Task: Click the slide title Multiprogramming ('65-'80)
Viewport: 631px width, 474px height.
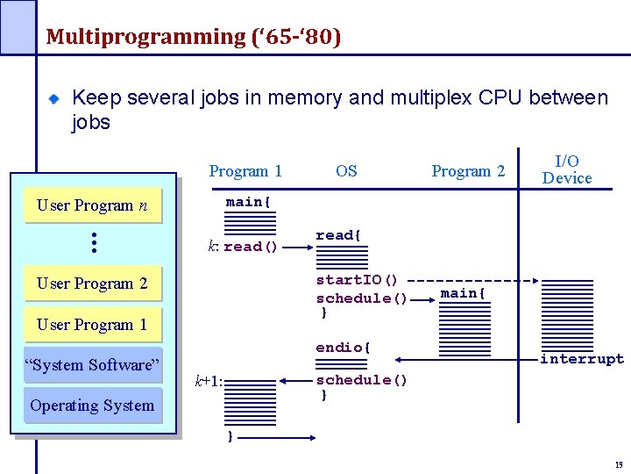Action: tap(193, 37)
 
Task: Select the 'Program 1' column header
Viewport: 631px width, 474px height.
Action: tap(245, 171)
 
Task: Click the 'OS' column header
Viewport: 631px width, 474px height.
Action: tap(346, 171)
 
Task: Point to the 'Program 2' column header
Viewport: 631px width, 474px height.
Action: tap(468, 171)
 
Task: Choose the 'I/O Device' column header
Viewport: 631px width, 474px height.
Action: tap(567, 169)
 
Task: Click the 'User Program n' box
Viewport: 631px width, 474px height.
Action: tap(92, 205)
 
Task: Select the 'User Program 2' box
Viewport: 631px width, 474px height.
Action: tap(92, 284)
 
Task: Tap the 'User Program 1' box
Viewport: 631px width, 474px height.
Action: tap(92, 325)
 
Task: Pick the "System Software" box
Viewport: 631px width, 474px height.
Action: tap(92, 365)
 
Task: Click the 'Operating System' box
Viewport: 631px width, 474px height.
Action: tap(92, 406)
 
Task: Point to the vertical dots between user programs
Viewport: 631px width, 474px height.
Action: tap(93, 243)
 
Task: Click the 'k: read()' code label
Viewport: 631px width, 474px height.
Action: tap(243, 247)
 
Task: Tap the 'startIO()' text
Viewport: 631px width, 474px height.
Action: tap(357, 280)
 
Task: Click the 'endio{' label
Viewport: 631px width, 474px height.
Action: tap(343, 348)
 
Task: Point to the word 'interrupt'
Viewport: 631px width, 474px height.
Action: tap(582, 359)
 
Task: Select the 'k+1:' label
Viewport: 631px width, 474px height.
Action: tap(209, 382)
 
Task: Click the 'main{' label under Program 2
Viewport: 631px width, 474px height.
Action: tap(463, 293)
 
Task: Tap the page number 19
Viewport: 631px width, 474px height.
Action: tap(619, 465)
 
